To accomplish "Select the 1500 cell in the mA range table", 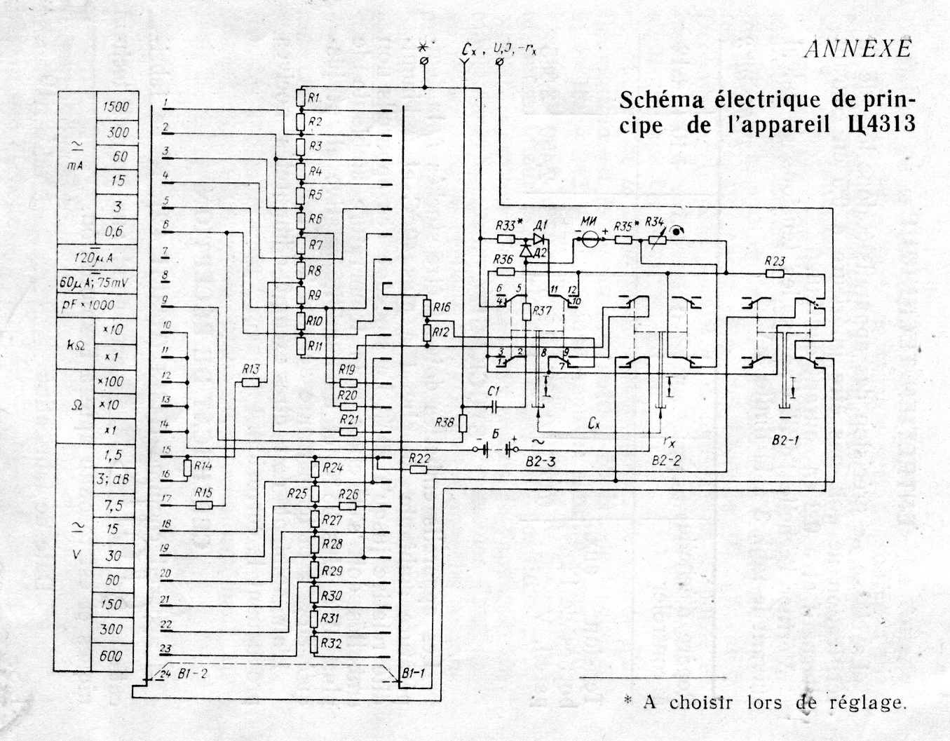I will tap(116, 107).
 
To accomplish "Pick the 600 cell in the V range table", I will tap(111, 656).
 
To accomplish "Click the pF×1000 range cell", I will tap(102, 306).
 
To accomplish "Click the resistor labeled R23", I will tap(775, 273).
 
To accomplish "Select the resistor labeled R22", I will tap(419, 469).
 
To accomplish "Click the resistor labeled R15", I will tap(204, 505).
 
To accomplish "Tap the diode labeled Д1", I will tap(539, 237).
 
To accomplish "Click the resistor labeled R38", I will tap(463, 423).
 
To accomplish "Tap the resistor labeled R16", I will tap(427, 308).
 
